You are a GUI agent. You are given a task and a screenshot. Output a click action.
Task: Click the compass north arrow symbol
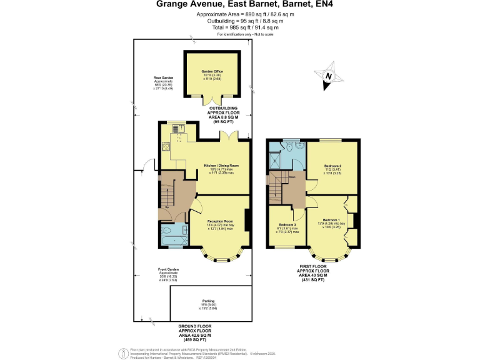[333, 77]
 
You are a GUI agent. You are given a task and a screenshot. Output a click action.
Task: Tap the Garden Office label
[212, 72]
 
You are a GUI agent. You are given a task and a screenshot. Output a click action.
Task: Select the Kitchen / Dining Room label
[222, 166]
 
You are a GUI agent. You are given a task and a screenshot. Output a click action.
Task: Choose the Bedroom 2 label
[332, 166]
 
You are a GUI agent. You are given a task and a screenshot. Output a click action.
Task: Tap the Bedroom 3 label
[287, 224]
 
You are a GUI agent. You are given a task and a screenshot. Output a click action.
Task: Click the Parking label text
[208, 300]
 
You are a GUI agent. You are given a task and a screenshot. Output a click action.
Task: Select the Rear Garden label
[163, 78]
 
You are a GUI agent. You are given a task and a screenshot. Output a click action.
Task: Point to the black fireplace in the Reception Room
[248, 219]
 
